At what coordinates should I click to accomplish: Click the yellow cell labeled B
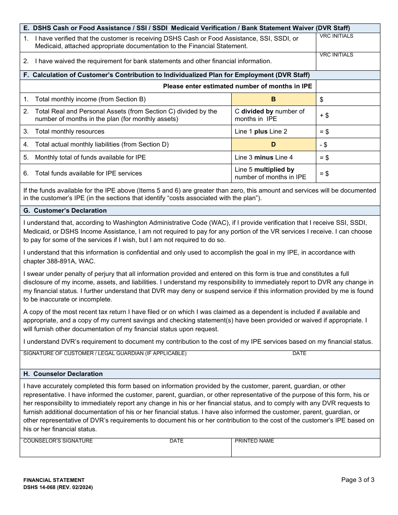[x=274, y=99]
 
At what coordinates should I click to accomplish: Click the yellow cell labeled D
[x=274, y=144]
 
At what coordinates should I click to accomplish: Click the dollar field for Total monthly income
[x=348, y=100]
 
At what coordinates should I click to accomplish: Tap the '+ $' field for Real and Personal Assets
[x=348, y=115]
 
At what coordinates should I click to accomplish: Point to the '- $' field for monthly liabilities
[x=348, y=145]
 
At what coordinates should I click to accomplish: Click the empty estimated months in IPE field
[x=348, y=86]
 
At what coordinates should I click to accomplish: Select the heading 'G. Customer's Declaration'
[x=65, y=211]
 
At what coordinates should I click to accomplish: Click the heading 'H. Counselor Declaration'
[x=63, y=374]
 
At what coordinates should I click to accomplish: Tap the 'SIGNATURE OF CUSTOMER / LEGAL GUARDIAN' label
[x=105, y=353]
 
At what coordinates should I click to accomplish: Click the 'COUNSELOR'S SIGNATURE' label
[x=58, y=441]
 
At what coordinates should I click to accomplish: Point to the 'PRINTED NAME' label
[x=254, y=441]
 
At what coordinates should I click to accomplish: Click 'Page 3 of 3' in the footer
[x=357, y=480]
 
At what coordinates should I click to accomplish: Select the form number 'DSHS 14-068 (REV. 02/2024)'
[x=58, y=487]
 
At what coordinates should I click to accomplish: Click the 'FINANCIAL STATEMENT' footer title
[x=54, y=480]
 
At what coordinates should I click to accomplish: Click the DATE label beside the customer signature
[x=299, y=353]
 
